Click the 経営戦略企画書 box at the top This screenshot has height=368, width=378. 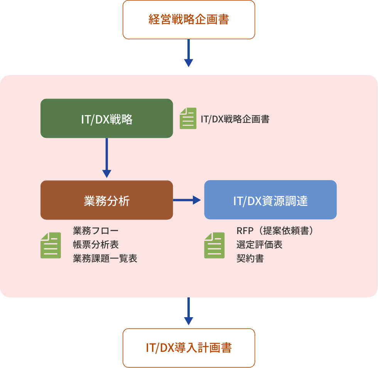pos(189,20)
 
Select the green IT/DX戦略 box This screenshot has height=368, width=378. pos(106,119)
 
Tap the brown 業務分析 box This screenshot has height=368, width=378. pos(106,200)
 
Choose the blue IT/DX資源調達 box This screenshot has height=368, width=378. pos(270,200)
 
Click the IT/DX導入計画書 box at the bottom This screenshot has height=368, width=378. pos(189,348)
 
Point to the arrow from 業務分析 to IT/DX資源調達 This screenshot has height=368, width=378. pos(187,200)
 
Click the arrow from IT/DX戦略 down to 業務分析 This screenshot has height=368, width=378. pos(106,158)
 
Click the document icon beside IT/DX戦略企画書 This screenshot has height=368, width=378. pos(188,119)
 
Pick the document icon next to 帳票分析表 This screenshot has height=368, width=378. pos(51,245)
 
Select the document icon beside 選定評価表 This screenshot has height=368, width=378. pos(214,245)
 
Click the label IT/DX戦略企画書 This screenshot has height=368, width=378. pos(235,119)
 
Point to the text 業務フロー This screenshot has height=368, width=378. pos(96,231)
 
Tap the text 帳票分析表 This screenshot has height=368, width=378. pos(96,244)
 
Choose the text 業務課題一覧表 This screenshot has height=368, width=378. pos(105,258)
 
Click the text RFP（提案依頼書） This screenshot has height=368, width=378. pos(276,231)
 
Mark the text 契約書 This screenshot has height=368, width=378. pos(250,258)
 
